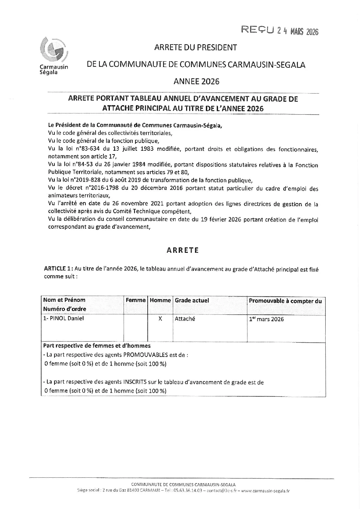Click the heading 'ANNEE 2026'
click(x=196, y=81)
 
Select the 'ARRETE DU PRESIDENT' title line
click(x=195, y=48)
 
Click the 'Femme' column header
click(x=135, y=300)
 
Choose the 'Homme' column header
click(x=160, y=300)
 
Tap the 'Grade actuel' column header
click(x=192, y=300)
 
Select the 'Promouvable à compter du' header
click(x=285, y=301)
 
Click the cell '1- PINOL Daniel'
click(x=63, y=318)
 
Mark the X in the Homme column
click(x=160, y=319)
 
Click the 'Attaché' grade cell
click(x=185, y=319)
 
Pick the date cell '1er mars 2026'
click(x=266, y=319)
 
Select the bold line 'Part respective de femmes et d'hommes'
click(x=97, y=346)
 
